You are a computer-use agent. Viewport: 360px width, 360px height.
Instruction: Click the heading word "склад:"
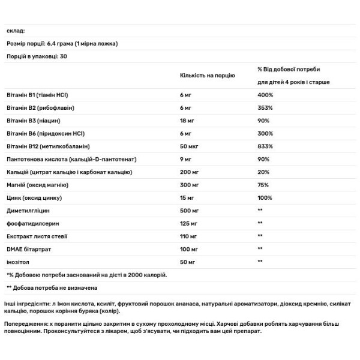pyautogui.click(x=16, y=31)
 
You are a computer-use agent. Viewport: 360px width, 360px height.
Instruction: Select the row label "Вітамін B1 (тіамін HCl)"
pyautogui.click(x=37, y=95)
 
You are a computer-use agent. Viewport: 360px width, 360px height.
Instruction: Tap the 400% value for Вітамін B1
pyautogui.click(x=265, y=95)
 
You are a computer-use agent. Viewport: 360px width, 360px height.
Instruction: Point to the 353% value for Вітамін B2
pyautogui.click(x=265, y=108)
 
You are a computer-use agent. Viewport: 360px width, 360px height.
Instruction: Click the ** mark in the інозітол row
pyautogui.click(x=260, y=262)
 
